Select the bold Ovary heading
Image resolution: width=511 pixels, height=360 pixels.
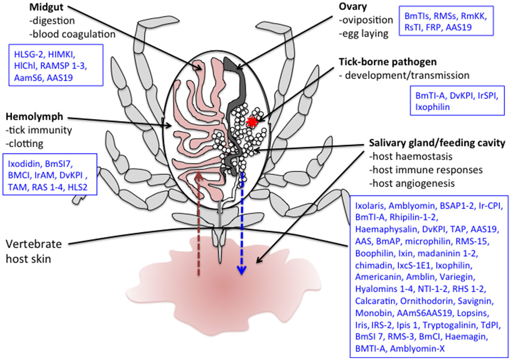coord(352,6)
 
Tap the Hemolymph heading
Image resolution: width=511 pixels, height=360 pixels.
coord(34,116)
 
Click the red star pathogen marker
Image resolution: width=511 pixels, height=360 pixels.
coord(252,122)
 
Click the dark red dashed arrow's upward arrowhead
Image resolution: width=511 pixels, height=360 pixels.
coord(198,175)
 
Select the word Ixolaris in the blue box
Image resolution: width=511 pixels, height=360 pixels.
coord(370,206)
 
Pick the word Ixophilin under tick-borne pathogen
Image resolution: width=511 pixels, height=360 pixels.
coord(432,107)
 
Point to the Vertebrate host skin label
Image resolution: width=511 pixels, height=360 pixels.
coord(33,251)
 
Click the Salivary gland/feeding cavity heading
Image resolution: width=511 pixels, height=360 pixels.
coord(437,143)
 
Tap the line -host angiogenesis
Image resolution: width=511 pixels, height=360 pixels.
coord(412,183)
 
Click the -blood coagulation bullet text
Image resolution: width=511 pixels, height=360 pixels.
coord(72,34)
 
